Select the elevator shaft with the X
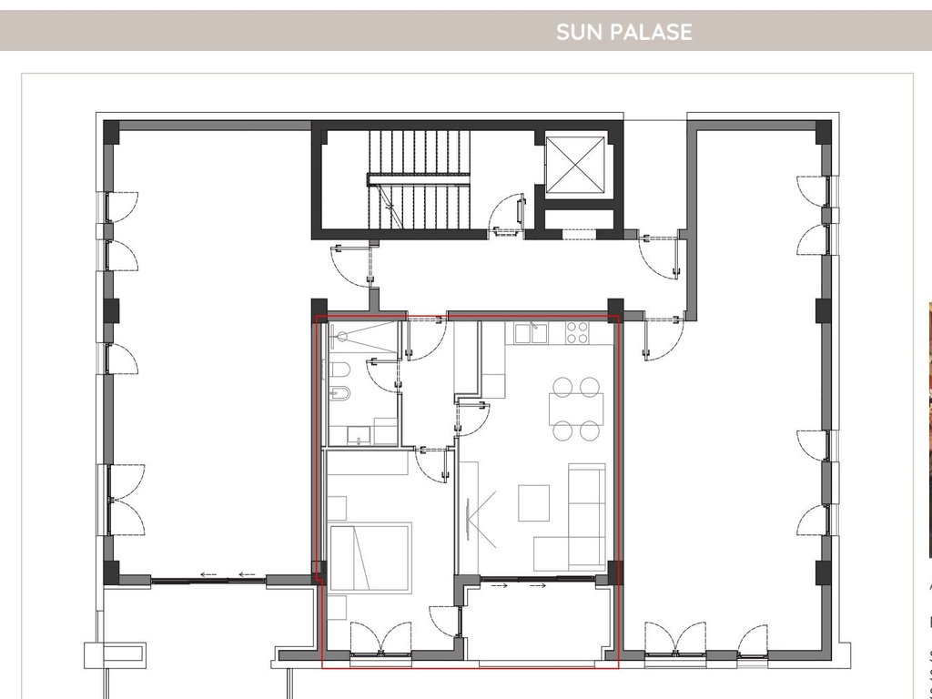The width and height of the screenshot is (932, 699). pyautogui.click(x=575, y=166)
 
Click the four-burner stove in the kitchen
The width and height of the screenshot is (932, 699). pyautogui.click(x=577, y=332)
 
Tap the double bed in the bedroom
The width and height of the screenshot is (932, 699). pyautogui.click(x=370, y=557)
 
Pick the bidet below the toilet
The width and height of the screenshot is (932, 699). pyautogui.click(x=339, y=396)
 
